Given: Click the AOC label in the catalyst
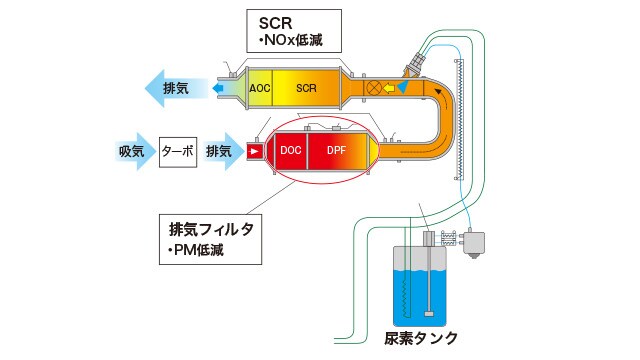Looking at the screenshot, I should tap(261, 88).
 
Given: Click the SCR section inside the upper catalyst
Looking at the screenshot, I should tap(307, 88).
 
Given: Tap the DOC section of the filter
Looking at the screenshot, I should tap(291, 150).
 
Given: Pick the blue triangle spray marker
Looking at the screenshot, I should tap(402, 89).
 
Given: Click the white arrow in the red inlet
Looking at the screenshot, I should tap(255, 151).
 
